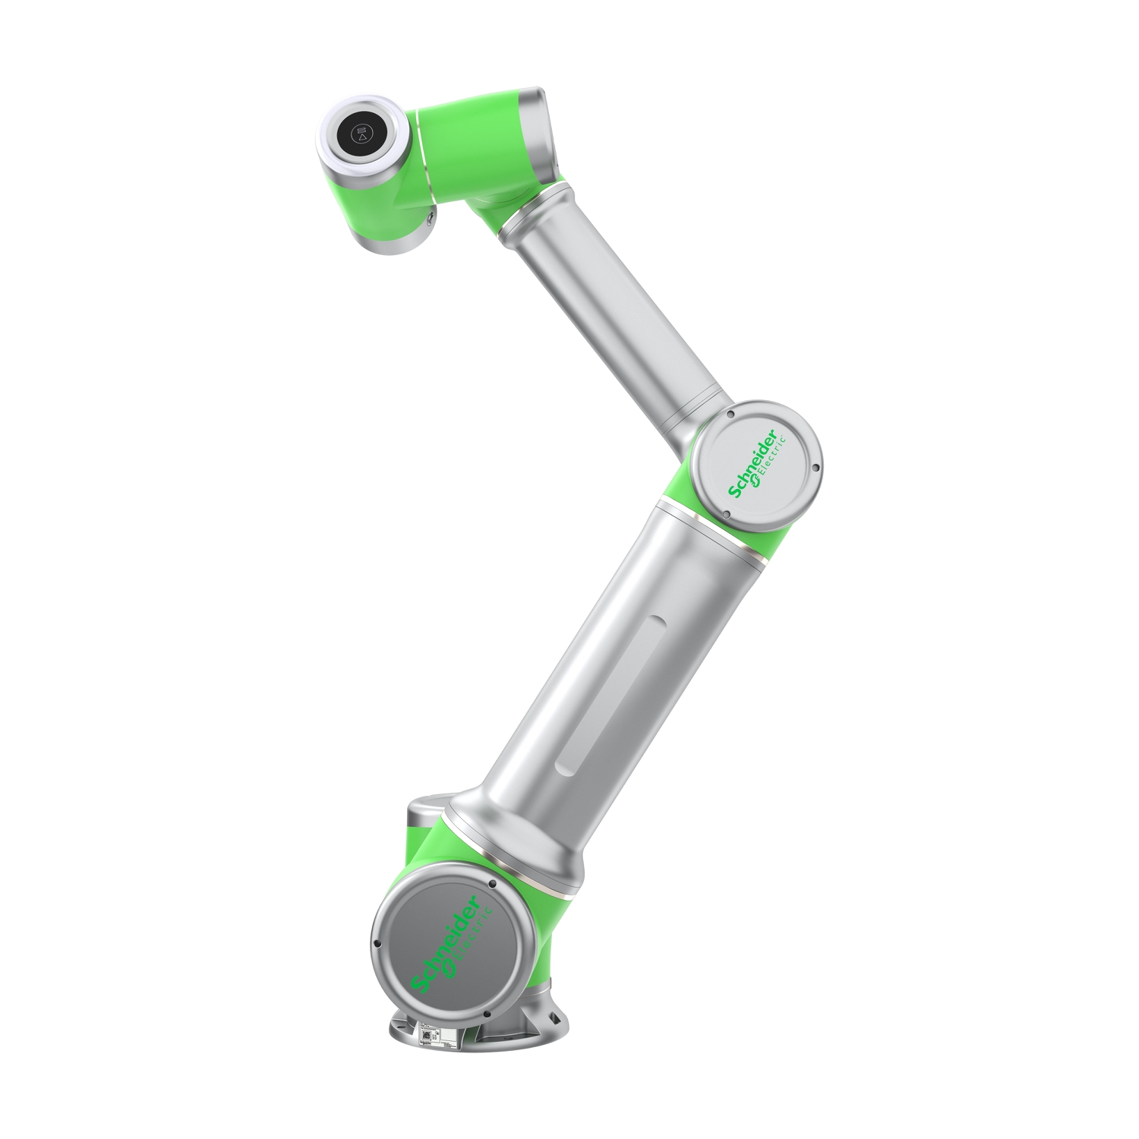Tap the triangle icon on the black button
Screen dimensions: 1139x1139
tap(362, 140)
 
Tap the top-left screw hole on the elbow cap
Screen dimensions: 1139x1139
tap(726, 415)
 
